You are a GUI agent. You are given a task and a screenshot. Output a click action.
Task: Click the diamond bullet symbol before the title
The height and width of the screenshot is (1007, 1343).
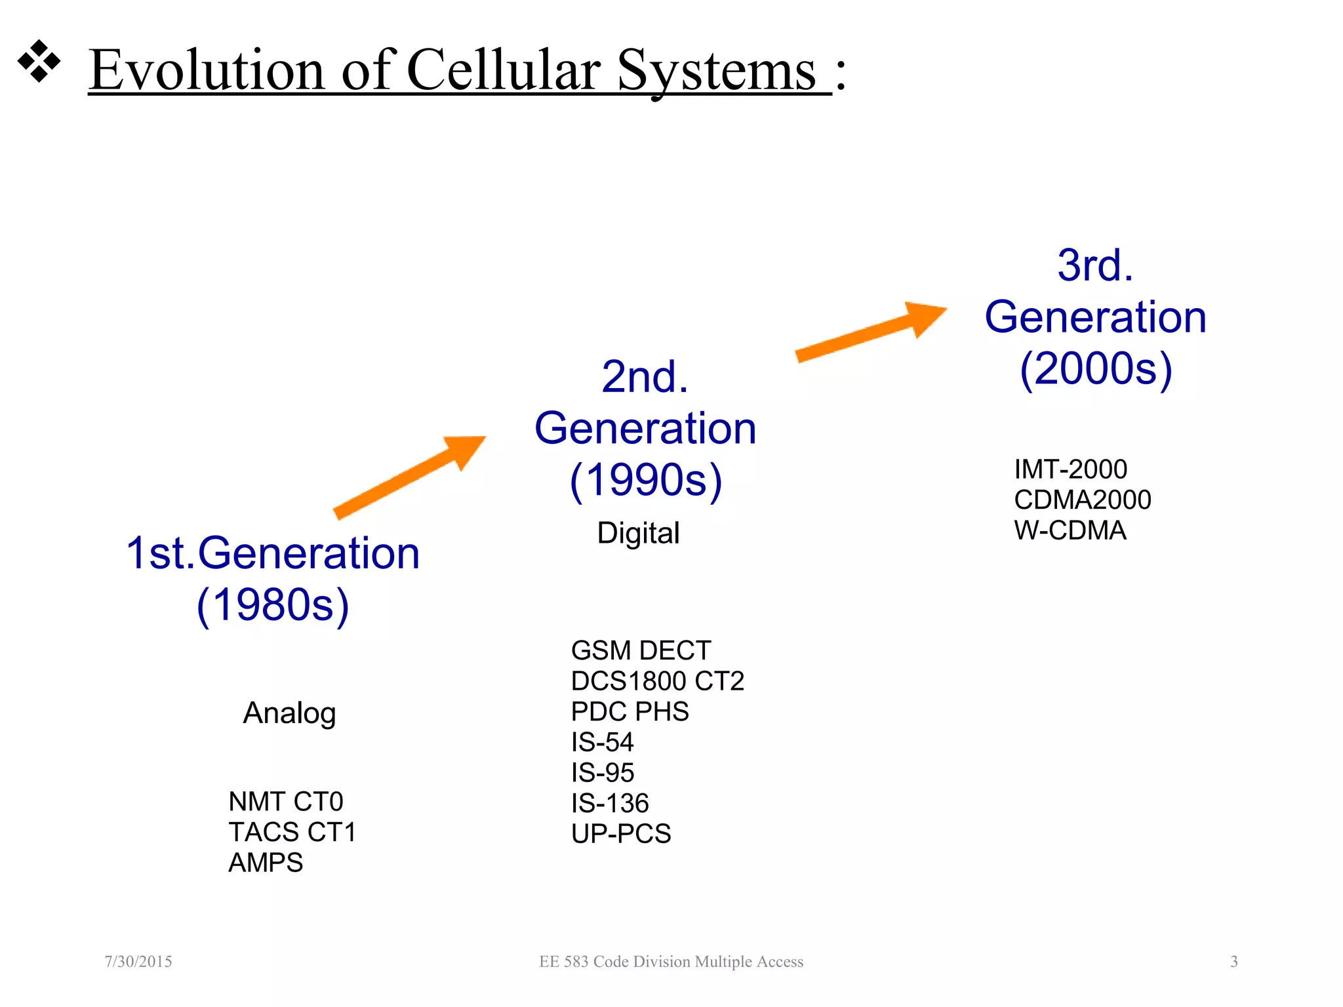tap(39, 62)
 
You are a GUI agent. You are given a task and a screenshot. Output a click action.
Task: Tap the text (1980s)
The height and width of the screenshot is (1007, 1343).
tap(273, 604)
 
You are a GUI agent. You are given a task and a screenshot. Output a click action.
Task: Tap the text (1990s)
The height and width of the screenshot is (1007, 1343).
tap(646, 480)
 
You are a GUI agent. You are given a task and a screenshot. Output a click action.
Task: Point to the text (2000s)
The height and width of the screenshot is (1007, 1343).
tap(1096, 368)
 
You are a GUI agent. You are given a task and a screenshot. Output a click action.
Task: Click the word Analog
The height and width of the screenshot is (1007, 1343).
tap(289, 713)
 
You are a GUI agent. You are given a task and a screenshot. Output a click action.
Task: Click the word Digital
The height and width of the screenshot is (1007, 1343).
tap(638, 533)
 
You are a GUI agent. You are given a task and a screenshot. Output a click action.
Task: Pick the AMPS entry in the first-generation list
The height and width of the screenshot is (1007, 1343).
tap(266, 863)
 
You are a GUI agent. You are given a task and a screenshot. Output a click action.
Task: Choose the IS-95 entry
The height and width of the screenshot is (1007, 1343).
tap(603, 773)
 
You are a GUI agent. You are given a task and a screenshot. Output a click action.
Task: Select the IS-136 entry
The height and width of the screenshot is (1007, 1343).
tap(610, 803)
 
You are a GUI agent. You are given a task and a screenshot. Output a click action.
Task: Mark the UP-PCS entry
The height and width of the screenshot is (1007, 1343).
tap(621, 834)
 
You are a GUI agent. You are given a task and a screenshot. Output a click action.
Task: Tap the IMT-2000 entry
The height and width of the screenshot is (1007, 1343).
tap(1070, 469)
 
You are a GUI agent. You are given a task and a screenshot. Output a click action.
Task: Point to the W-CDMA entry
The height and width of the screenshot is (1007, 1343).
tap(1070, 530)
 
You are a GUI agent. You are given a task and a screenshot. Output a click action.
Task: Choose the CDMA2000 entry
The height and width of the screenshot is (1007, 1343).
tap(1082, 500)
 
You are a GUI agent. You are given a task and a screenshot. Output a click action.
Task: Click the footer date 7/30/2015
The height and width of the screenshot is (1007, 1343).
tap(138, 962)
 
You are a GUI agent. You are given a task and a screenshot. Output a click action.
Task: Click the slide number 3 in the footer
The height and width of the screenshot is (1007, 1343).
tap(1233, 962)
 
